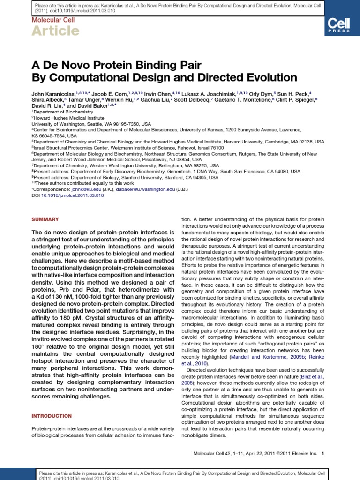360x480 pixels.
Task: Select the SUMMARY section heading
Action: click(45, 219)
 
